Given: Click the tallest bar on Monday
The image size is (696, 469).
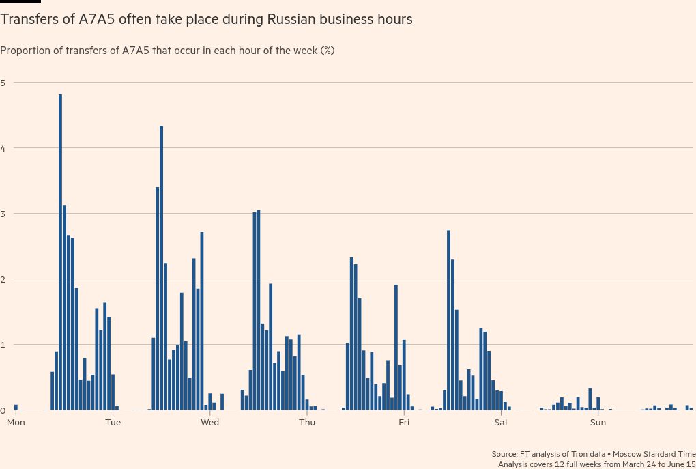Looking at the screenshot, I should point(60,253).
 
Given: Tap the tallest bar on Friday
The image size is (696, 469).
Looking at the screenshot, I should point(448,320).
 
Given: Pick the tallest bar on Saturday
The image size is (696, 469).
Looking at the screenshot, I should point(590,399).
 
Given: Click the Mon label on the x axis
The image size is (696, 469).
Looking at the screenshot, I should point(16,423).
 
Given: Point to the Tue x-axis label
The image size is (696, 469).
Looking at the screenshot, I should point(113,423).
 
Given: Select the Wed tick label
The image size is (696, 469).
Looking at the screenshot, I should point(209,423).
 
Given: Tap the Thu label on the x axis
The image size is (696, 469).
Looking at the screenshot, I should point(307,423).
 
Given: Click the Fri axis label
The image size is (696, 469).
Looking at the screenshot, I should point(404,423).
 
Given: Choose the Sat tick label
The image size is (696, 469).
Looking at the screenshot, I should point(501,423).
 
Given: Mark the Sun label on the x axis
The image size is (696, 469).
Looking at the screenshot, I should point(598,423).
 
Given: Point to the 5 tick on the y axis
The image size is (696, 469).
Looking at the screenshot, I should point(3,83).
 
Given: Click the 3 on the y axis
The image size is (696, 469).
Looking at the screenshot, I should point(3,214).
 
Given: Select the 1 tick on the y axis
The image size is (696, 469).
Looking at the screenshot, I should point(3,345).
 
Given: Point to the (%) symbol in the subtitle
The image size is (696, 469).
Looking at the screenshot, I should point(327,51).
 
